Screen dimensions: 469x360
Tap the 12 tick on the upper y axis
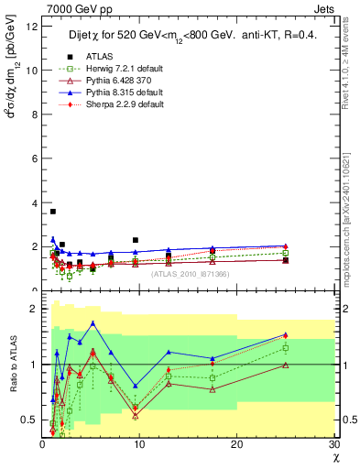click(x=33, y=26)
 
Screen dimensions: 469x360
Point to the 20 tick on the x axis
click(x=236, y=445)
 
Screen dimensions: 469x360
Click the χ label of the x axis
click(x=333, y=458)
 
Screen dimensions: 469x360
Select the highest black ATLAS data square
click(x=53, y=212)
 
